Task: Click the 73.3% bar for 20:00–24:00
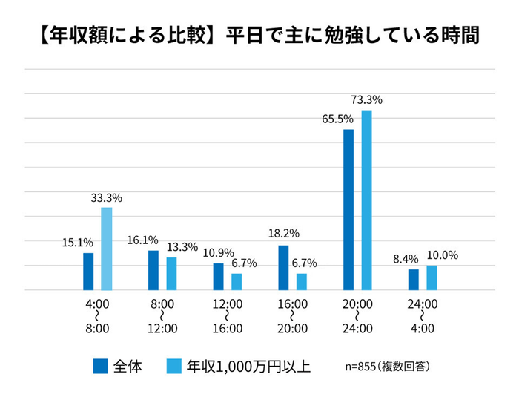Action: [x=366, y=200]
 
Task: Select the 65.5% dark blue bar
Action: [x=348, y=210]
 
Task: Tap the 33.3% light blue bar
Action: [x=107, y=249]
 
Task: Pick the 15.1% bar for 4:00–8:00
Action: [x=88, y=272]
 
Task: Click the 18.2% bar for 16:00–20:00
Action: [x=283, y=268]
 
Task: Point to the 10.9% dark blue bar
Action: [x=218, y=277]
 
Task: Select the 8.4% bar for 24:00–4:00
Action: [x=414, y=280]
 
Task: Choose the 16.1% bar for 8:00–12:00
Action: [x=153, y=270]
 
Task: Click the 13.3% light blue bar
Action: [x=171, y=274]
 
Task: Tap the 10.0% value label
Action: [x=443, y=255]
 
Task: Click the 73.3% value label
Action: [x=366, y=99]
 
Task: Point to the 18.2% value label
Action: [x=284, y=234]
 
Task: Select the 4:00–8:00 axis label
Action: [x=98, y=315]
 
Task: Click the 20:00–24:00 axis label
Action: [x=358, y=315]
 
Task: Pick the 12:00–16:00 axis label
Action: [x=228, y=315]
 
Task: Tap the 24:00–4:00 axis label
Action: [x=423, y=315]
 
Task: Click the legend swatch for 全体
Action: [x=101, y=366]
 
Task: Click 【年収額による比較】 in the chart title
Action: [x=122, y=36]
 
